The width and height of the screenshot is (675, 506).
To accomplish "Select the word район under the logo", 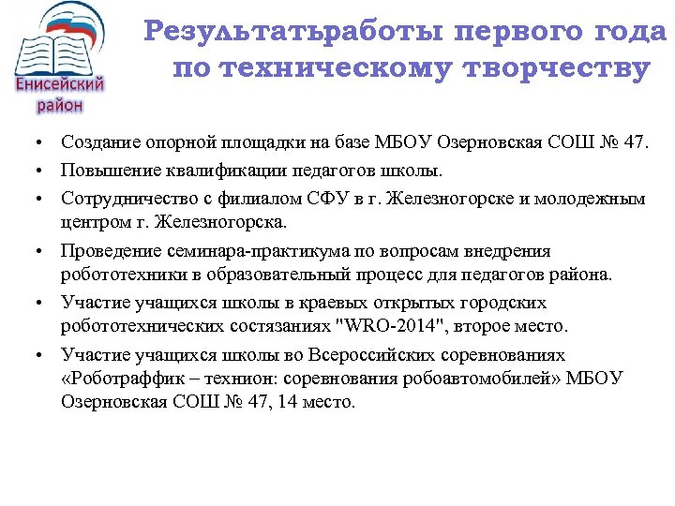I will (60, 105).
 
